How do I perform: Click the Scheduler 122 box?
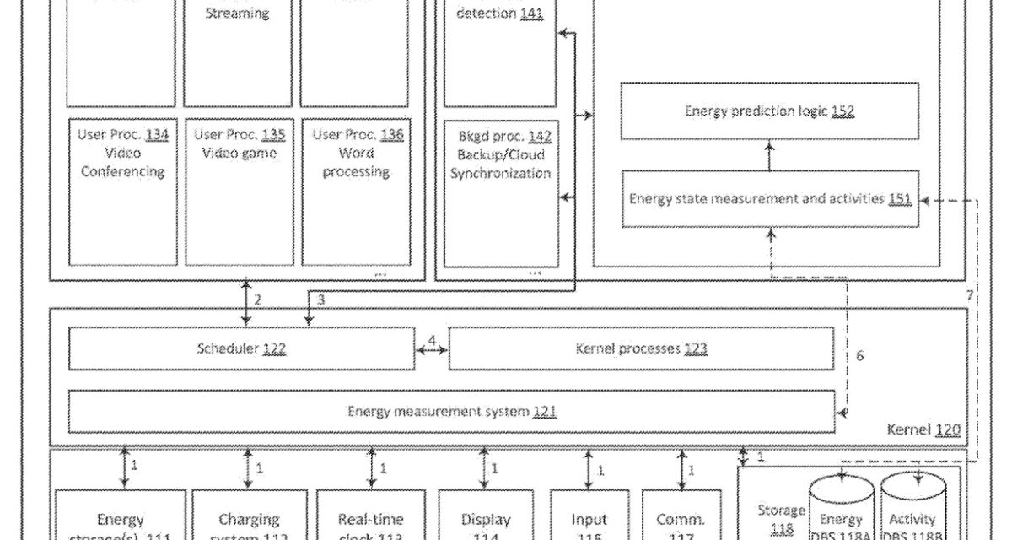241,348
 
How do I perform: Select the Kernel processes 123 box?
641,348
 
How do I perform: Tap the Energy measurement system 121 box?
451,412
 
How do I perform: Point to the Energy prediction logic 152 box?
769,111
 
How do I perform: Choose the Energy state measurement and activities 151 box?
769,199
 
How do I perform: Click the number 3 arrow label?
320,300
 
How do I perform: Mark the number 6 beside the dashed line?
859,356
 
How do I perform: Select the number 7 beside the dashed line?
970,296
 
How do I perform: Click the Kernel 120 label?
923,430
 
